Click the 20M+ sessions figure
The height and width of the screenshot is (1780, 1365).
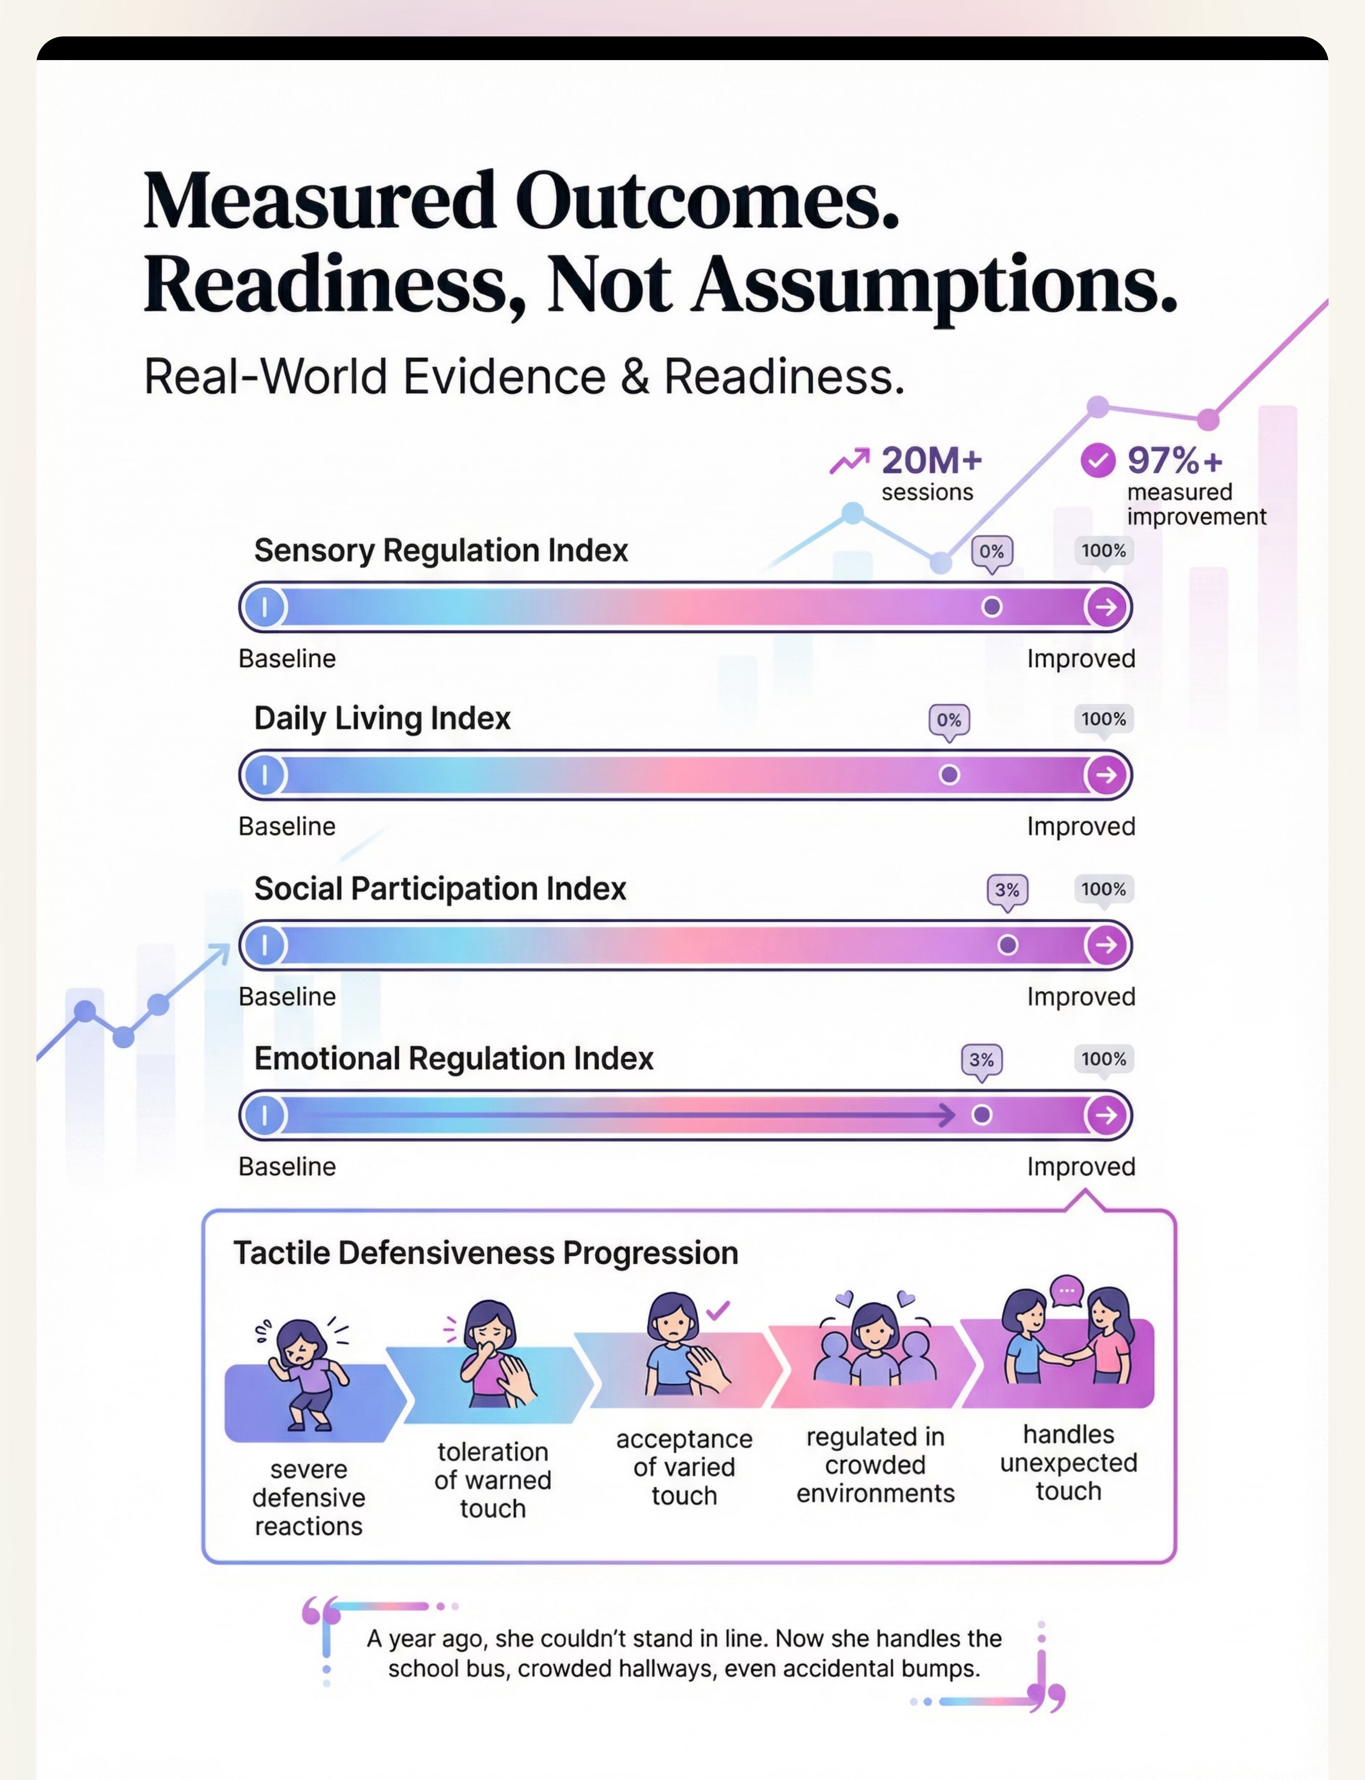931,461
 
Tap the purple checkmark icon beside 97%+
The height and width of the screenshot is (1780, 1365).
1097,461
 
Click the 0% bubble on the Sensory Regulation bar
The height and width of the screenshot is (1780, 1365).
991,552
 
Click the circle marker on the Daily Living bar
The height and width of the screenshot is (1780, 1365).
949,775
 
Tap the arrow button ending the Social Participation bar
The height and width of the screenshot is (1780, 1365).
1106,944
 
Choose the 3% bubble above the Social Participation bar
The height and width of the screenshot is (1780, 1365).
1007,890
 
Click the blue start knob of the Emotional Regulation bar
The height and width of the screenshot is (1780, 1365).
264,1115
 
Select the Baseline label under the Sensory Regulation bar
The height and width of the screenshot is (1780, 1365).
287,659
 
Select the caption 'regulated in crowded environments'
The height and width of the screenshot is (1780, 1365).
875,1465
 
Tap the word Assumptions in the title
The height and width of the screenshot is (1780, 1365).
934,284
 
